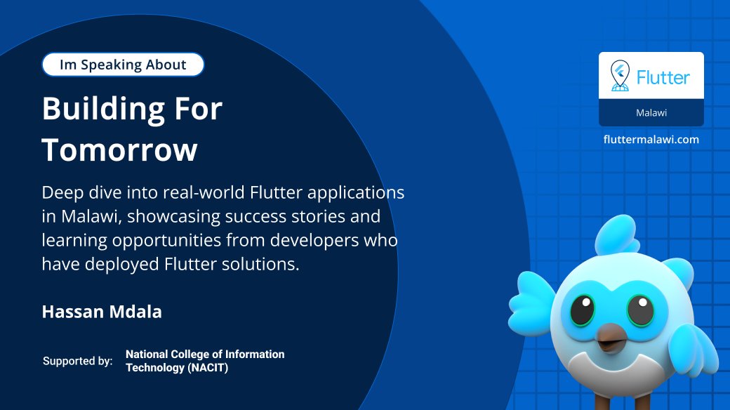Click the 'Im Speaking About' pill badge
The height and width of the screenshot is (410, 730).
click(x=123, y=65)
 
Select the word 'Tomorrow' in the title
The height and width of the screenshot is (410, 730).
click(x=119, y=150)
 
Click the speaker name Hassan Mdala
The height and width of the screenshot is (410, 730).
click(x=102, y=312)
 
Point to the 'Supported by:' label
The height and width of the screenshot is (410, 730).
click(x=77, y=361)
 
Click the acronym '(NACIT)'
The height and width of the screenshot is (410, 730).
click(x=206, y=367)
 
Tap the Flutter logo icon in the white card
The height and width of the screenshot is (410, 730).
click(x=619, y=76)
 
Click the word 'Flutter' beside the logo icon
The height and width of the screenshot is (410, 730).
click(x=663, y=77)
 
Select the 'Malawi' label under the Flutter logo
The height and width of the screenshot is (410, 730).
click(x=651, y=112)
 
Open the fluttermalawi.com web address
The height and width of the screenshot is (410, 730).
click(x=651, y=139)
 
